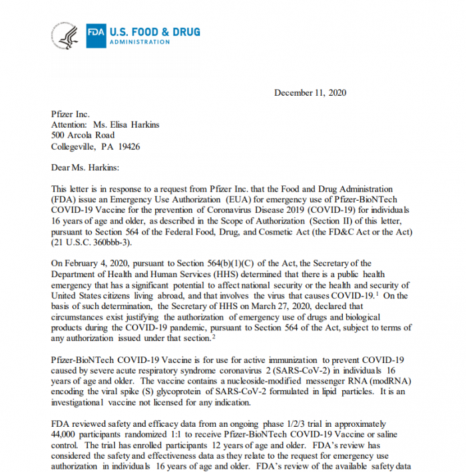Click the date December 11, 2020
point(310,93)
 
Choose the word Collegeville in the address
point(75,146)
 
